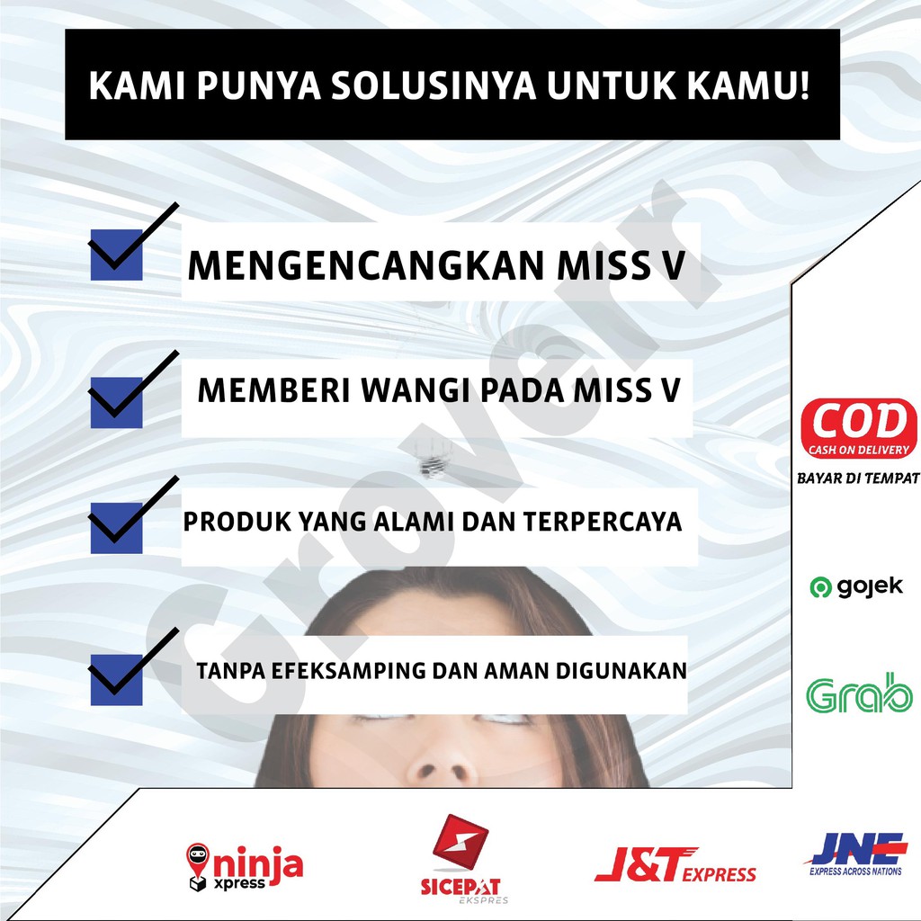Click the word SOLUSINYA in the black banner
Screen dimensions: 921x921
pyautogui.click(x=434, y=85)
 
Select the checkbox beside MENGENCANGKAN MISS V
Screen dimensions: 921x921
pyautogui.click(x=116, y=255)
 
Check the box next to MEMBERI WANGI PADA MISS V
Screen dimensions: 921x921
pyautogui.click(x=116, y=402)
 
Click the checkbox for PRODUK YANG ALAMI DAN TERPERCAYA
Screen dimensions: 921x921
pyautogui.click(x=116, y=527)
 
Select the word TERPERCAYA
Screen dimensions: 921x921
pyautogui.click(x=602, y=522)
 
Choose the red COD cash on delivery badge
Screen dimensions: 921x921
pyautogui.click(x=859, y=429)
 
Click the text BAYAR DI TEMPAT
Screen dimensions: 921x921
pyautogui.click(x=858, y=478)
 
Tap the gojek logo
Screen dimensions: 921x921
pyautogui.click(x=856, y=586)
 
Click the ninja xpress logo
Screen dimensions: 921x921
pyautogui.click(x=245, y=867)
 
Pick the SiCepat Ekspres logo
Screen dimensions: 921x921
pyautogui.click(x=461, y=858)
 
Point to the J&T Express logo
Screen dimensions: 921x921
pyautogui.click(x=675, y=865)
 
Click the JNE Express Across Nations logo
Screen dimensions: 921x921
pyautogui.click(x=856, y=854)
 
